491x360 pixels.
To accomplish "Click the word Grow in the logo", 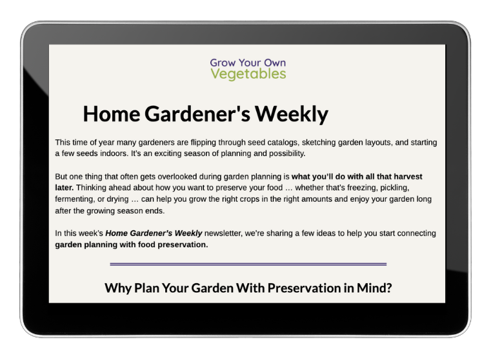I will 223,63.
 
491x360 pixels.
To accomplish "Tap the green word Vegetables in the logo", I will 248,74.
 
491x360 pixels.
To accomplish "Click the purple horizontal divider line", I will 248,264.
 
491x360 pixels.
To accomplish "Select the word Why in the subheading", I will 117,288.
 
